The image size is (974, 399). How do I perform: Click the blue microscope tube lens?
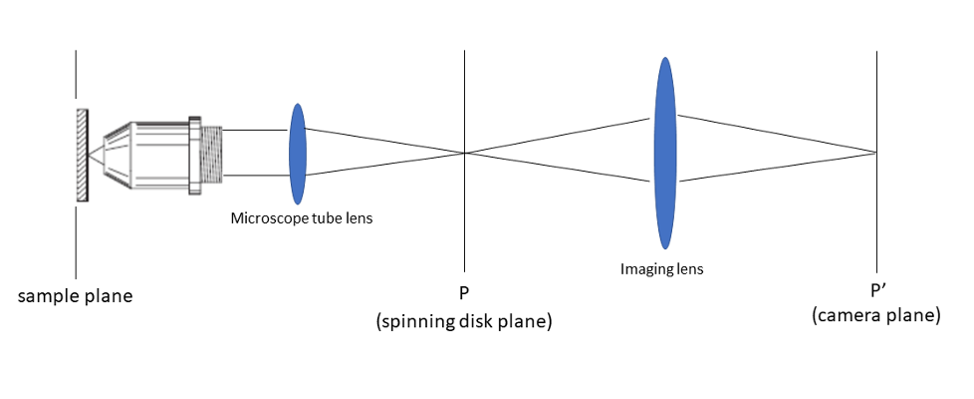(298, 153)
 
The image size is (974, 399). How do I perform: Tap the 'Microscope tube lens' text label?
(302, 217)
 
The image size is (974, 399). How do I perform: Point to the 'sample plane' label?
(75, 296)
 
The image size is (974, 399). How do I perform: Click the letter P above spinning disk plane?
(463, 294)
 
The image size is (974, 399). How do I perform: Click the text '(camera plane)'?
(876, 316)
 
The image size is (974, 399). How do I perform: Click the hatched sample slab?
(82, 155)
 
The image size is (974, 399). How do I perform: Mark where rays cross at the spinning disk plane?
(464, 153)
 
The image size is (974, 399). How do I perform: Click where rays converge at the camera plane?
(876, 153)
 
